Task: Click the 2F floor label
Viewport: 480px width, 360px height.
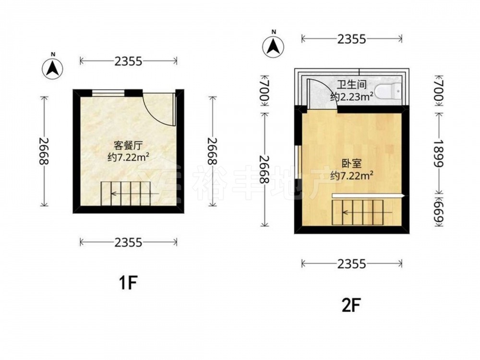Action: pos(351,305)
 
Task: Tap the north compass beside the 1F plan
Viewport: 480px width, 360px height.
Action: pos(53,68)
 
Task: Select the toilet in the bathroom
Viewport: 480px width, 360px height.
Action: pos(388,91)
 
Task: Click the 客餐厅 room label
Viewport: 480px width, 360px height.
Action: pos(128,145)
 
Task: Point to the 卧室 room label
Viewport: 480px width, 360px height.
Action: pos(352,163)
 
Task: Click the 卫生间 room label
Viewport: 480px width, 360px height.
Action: pos(352,84)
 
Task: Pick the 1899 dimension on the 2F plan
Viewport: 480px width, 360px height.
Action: pos(439,153)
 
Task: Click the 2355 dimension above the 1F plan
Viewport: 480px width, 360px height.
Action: pos(129,61)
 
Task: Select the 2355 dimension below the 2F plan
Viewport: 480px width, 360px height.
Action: pos(352,264)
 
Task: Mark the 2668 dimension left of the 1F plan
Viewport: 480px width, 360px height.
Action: pos(44,151)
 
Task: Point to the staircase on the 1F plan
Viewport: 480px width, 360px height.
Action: pos(125,193)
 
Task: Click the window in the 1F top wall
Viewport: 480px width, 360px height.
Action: pos(108,93)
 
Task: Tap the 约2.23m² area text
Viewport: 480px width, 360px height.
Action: pos(352,97)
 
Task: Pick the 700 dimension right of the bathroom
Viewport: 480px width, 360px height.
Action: pos(439,91)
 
